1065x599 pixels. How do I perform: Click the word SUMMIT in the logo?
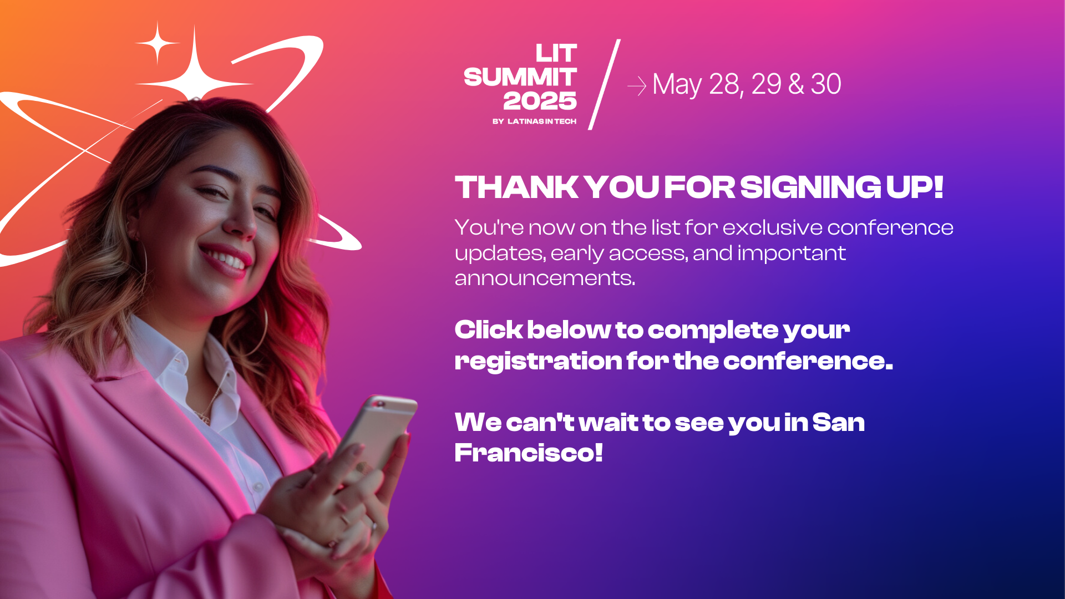click(x=520, y=77)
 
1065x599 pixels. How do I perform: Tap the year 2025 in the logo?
click(x=540, y=101)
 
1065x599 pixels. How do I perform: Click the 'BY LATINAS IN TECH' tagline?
click(x=534, y=121)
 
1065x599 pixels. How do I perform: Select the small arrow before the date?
click(x=637, y=86)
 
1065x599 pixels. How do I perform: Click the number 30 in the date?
click(x=826, y=84)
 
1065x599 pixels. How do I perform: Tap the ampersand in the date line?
click(x=796, y=84)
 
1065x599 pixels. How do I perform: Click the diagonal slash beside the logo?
click(x=604, y=84)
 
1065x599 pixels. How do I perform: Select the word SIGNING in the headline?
click(x=810, y=187)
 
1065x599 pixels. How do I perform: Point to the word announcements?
click(x=545, y=278)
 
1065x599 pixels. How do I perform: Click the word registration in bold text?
click(x=539, y=362)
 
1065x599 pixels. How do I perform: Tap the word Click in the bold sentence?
click(x=489, y=329)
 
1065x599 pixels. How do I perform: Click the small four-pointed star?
click(x=158, y=43)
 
